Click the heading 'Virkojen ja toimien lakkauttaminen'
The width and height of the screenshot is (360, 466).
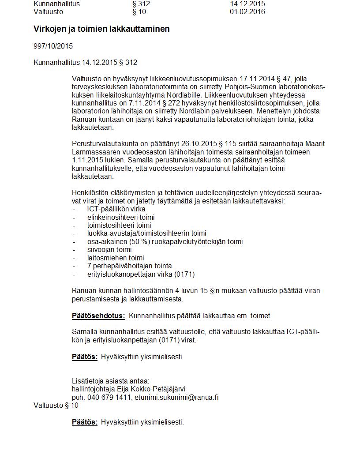[x=101, y=29]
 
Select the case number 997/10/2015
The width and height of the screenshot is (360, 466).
[x=53, y=46]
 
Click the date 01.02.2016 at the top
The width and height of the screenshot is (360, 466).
[x=247, y=12]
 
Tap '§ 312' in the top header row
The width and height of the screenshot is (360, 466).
[x=141, y=4]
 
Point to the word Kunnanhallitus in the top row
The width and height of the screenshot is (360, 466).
[x=56, y=4]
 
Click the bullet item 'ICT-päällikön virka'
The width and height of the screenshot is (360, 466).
[x=116, y=209]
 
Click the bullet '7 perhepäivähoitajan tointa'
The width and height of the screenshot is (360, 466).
[x=129, y=266]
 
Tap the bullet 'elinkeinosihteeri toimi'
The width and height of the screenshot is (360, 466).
[x=121, y=218]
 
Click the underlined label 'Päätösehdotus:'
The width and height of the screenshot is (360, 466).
[x=98, y=316]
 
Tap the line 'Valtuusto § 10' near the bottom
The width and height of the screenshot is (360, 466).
[x=56, y=405]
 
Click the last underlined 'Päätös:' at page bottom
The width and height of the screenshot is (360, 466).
[x=85, y=422]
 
